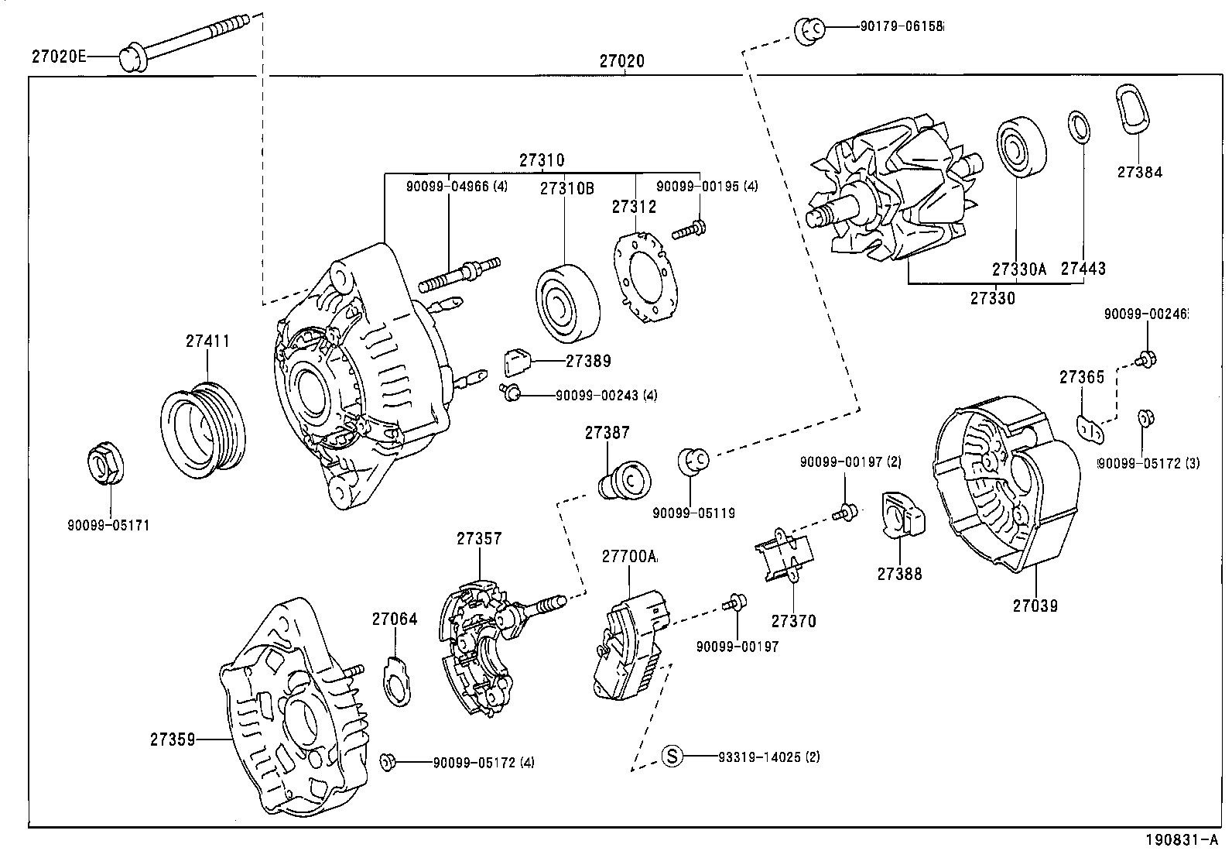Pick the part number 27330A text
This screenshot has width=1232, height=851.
pos(1019,269)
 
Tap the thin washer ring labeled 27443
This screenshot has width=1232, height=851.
pos(1080,128)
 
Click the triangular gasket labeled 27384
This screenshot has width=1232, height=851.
pos(1133,112)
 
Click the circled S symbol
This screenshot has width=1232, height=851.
pos(672,756)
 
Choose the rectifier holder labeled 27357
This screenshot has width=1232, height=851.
pos(480,647)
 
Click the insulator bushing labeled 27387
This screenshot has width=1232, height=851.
pos(626,481)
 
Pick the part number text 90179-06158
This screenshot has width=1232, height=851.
pos(902,26)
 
